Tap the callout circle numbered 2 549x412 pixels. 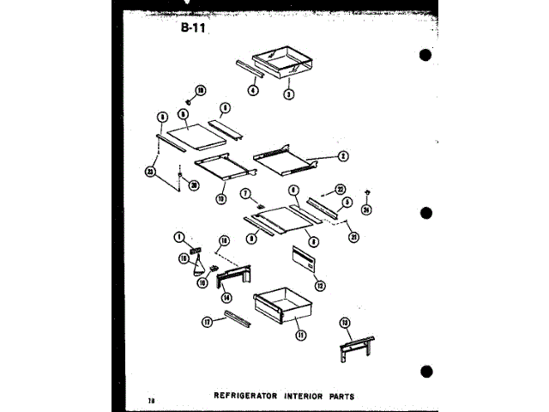click(x=341, y=155)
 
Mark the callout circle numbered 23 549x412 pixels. click(x=151, y=171)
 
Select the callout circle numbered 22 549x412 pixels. click(x=341, y=190)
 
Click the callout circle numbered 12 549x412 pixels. click(x=319, y=286)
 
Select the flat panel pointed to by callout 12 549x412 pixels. click(x=303, y=257)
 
